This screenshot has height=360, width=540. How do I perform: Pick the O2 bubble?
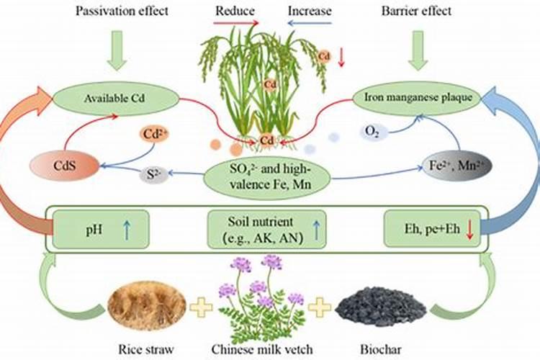coord(373,131)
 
